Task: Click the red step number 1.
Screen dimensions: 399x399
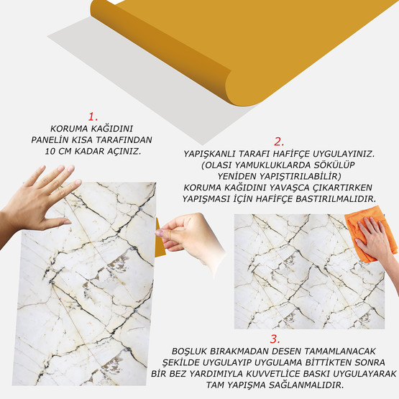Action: point(93,116)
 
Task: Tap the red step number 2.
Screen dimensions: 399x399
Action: point(279,142)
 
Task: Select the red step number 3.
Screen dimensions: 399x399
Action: point(275,339)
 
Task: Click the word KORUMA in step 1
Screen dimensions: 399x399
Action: point(69,129)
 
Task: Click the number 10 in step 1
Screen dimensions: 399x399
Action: point(50,151)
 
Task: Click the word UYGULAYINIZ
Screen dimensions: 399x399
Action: point(344,154)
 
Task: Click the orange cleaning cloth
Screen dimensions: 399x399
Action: point(370,233)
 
